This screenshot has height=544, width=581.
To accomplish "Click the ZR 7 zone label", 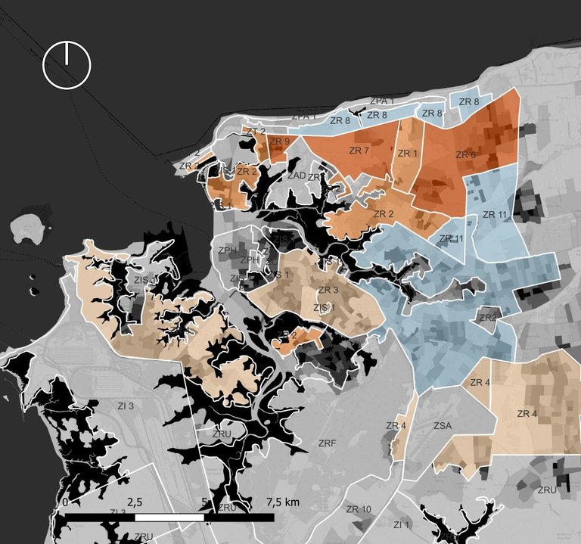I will click(359, 151).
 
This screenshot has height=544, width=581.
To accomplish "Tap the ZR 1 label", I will click(407, 154).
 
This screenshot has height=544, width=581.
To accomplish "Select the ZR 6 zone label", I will click(466, 155).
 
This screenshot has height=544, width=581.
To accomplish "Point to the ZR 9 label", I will click(279, 141).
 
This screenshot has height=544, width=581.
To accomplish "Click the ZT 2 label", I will click(256, 132).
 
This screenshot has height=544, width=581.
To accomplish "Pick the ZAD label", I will click(297, 175).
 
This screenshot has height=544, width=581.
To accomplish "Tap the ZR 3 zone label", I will click(328, 290).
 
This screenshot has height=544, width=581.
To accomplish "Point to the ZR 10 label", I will click(359, 509).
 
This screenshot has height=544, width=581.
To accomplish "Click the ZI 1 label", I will click(401, 524).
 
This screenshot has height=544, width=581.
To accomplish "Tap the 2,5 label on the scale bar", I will click(135, 502).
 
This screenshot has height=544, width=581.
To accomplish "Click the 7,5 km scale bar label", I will click(284, 502).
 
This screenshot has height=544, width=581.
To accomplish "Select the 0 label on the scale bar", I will click(67, 502).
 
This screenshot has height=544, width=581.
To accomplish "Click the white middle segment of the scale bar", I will click(170, 518).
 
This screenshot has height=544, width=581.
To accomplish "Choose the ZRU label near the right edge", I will click(547, 490).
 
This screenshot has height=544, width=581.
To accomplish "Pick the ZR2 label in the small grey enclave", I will click(487, 318).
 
